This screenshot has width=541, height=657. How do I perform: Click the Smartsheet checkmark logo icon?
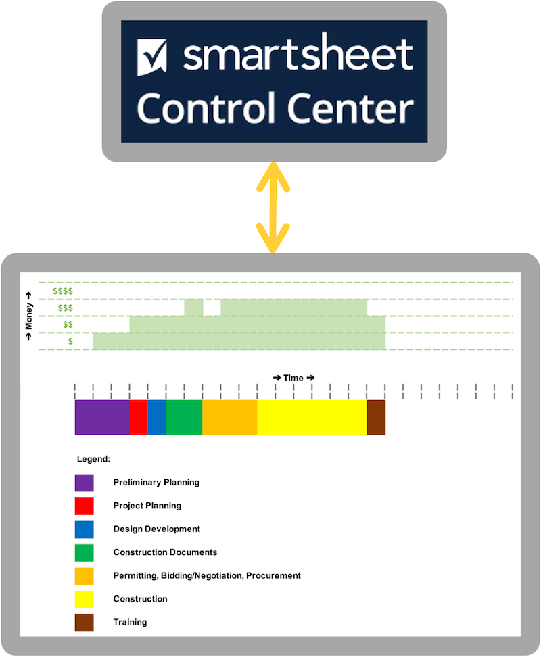(152, 57)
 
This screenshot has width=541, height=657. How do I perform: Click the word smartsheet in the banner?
(298, 55)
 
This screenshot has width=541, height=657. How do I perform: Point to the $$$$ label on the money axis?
(63, 291)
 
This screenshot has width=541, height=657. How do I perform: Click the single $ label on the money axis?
(70, 342)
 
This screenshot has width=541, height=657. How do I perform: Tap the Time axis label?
(293, 378)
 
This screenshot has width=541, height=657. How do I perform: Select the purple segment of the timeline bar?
(101, 417)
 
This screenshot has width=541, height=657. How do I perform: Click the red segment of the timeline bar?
(138, 417)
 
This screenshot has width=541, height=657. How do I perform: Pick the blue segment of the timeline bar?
(156, 417)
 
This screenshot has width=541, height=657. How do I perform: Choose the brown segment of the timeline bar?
(375, 417)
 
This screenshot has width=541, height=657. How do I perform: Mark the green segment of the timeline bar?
(183, 417)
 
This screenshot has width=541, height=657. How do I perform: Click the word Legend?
(93, 459)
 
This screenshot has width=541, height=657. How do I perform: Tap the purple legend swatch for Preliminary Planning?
(84, 483)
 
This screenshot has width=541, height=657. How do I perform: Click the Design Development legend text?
(156, 529)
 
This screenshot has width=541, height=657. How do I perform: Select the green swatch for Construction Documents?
(84, 552)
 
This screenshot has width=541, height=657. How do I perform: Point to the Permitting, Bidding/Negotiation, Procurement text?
(206, 575)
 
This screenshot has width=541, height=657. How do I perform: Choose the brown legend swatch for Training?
(84, 622)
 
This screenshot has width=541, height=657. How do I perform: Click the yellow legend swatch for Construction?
(84, 599)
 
